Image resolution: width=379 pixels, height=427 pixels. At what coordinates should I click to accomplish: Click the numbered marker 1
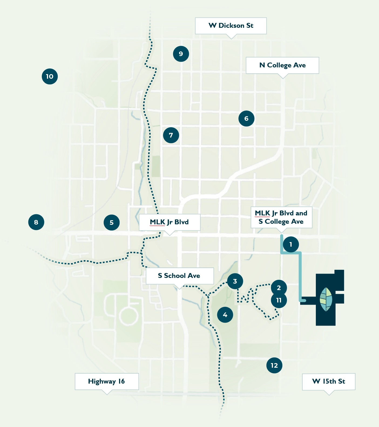click(x=291, y=245)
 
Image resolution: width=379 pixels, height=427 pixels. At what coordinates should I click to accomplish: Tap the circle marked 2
click(x=279, y=288)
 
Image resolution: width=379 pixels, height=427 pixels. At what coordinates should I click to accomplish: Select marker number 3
click(x=235, y=281)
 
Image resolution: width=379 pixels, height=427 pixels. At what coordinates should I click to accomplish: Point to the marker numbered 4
click(x=225, y=315)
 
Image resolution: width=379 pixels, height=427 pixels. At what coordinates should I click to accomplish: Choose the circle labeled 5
click(x=111, y=222)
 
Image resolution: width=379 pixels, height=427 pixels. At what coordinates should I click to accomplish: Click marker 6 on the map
click(x=246, y=118)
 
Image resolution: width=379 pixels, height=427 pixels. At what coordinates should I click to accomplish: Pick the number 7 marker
click(x=171, y=135)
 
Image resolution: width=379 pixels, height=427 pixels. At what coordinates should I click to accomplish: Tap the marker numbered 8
click(x=36, y=222)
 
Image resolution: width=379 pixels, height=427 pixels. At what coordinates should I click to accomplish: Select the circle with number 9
click(x=181, y=54)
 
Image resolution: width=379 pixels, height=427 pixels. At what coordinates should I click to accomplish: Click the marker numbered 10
click(x=50, y=76)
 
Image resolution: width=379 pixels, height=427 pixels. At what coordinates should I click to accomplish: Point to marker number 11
click(x=279, y=300)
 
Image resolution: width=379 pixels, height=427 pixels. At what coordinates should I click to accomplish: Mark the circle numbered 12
click(x=274, y=365)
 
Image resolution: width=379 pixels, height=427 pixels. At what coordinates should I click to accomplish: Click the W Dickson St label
click(x=231, y=26)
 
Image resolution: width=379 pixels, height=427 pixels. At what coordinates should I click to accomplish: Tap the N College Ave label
click(x=282, y=65)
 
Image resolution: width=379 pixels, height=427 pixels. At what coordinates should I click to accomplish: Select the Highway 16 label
click(x=107, y=381)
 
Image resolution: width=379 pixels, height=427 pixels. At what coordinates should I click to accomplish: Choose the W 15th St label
click(x=329, y=381)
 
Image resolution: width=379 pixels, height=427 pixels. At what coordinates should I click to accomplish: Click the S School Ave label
click(x=180, y=276)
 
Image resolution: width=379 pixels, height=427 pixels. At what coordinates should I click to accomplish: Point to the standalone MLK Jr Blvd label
click(x=170, y=222)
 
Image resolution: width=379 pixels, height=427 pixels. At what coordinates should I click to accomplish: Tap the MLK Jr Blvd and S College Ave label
click(x=281, y=217)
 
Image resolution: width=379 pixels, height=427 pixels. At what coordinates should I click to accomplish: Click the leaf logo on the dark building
click(x=326, y=299)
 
